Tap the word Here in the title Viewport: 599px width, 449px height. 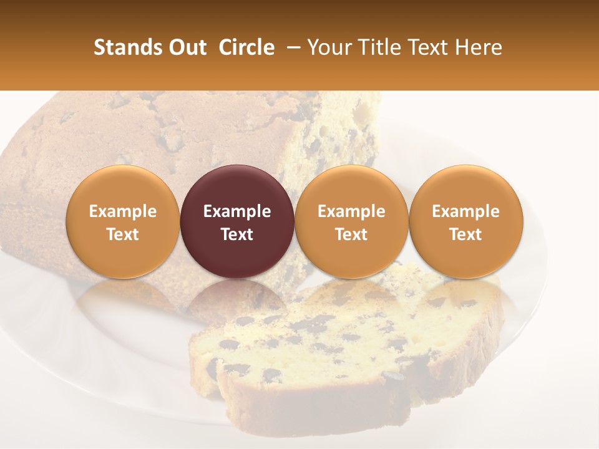pos(480,47)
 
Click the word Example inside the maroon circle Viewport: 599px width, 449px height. pos(237,211)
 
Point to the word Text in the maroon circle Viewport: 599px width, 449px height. pos(237,234)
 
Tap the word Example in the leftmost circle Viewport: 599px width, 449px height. pos(123,211)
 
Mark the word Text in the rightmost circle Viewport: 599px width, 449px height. pos(466,234)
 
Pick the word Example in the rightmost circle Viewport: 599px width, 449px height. pos(466,211)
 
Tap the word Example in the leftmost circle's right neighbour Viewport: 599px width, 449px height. pos(237,211)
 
